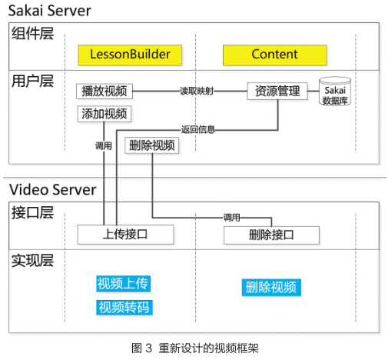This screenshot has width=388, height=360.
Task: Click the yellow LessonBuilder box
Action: tap(130, 55)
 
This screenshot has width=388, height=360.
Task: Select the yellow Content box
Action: tap(275, 55)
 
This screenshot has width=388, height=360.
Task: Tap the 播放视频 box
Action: tap(104, 91)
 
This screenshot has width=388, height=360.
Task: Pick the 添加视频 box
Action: tap(104, 114)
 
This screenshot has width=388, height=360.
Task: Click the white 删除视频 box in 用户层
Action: tap(151, 145)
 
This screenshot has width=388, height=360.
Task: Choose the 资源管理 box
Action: tap(277, 91)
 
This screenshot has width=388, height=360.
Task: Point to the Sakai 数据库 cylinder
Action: tap(335, 91)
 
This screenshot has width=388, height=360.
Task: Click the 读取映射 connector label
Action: tap(197, 91)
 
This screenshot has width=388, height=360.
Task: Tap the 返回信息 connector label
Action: tap(197, 129)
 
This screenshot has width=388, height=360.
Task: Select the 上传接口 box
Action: tap(125, 235)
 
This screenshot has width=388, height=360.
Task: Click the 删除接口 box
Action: tap(271, 235)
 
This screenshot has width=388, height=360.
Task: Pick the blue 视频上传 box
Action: tap(123, 284)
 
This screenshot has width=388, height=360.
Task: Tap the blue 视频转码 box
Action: tap(124, 307)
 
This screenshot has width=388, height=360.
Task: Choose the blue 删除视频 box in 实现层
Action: tap(271, 287)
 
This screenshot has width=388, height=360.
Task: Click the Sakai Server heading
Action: tap(50, 11)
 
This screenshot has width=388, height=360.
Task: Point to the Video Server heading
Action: tap(53, 190)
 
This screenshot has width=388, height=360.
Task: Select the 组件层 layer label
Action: tap(32, 33)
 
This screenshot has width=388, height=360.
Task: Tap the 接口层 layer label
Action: tap(32, 213)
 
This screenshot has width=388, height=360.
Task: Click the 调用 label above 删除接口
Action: tap(232, 218)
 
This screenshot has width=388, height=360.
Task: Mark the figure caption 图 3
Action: tap(141, 348)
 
